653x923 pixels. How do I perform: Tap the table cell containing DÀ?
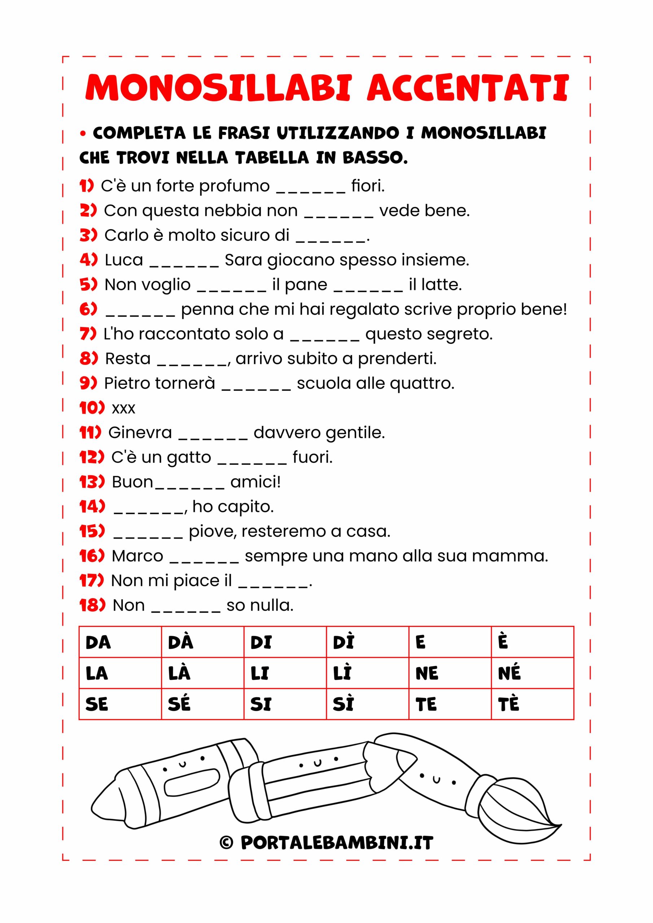tap(202, 642)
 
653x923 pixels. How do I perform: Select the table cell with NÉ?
tap(532, 673)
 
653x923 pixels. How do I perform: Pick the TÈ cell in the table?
tap(532, 704)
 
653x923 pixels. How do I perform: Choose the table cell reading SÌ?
tap(367, 704)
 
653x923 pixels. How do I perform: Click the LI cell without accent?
tap(285, 673)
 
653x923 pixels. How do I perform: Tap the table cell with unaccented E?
tap(450, 642)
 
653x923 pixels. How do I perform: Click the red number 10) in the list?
tap(92, 408)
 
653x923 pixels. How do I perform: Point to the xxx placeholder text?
tap(123, 409)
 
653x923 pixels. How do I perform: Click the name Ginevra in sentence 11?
tap(140, 433)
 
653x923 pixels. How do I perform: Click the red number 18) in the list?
tap(92, 605)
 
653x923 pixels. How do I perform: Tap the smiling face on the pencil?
tap(317, 762)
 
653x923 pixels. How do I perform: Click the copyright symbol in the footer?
tap(227, 842)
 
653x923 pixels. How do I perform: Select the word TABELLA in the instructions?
tap(271, 158)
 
